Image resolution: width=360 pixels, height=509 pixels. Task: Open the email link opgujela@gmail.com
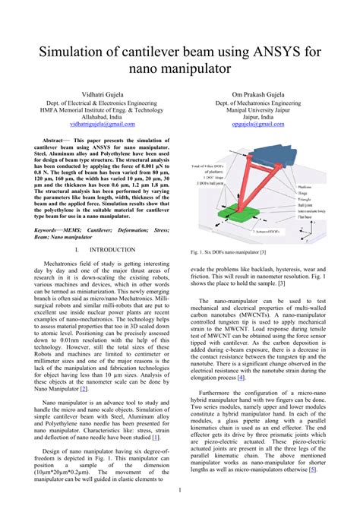click(258, 122)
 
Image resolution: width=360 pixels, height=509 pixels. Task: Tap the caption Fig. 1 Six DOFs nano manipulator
click(228, 251)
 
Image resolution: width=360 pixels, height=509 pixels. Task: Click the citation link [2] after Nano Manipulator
click(84, 388)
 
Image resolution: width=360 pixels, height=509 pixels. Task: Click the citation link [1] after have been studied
click(155, 438)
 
